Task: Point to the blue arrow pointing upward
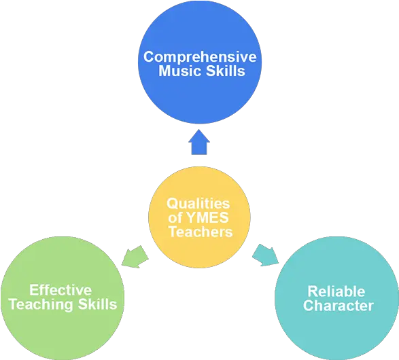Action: click(199, 142)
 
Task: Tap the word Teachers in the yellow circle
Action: click(201, 232)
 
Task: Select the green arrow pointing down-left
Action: click(135, 257)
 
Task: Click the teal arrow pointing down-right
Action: click(265, 255)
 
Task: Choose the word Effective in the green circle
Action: click(60, 290)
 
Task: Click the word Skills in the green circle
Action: click(97, 304)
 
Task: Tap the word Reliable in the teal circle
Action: click(336, 291)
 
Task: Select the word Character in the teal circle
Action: click(339, 306)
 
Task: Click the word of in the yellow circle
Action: click(175, 218)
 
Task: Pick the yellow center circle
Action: click(200, 217)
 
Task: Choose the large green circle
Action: click(63, 298)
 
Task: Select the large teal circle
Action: click(336, 298)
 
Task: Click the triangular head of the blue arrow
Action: click(199, 137)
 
